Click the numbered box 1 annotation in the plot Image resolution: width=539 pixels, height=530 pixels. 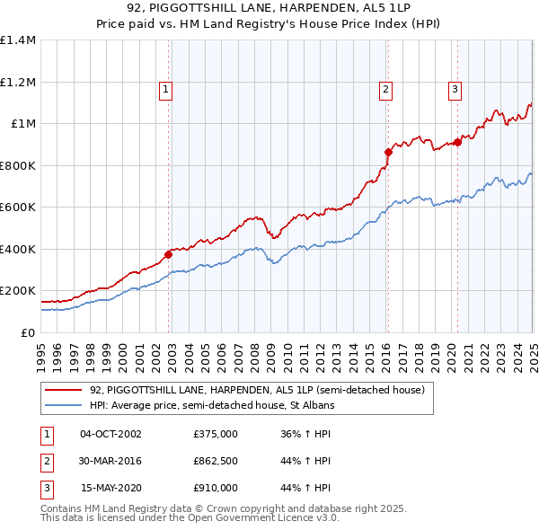(x=167, y=89)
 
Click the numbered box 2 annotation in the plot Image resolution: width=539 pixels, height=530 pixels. (x=385, y=89)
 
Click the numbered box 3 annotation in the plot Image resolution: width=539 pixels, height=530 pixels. (x=455, y=89)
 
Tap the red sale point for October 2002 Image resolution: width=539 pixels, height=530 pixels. (x=168, y=254)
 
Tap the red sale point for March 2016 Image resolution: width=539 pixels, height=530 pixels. (x=388, y=152)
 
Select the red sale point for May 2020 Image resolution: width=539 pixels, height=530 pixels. (x=457, y=142)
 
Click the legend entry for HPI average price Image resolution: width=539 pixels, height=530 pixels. (x=212, y=406)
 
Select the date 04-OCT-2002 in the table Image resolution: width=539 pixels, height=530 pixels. (x=110, y=434)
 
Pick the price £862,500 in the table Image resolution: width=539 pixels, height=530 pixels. (x=216, y=461)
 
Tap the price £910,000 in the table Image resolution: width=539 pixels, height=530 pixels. (x=216, y=488)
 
